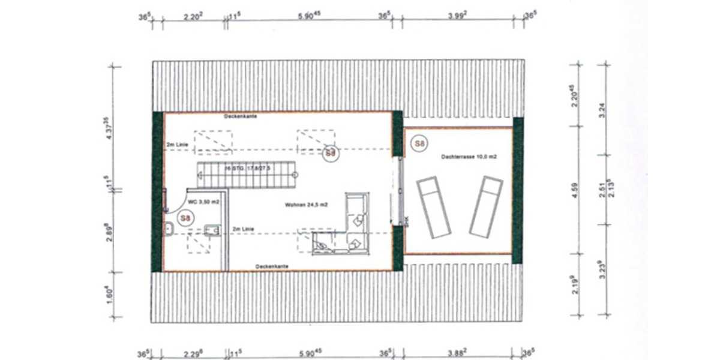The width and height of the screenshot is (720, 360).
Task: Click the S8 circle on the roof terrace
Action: (x=419, y=143)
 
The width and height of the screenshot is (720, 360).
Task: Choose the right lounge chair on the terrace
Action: (x=485, y=205)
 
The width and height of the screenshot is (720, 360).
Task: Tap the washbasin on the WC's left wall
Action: (x=169, y=228)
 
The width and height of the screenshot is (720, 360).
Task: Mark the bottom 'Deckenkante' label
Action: (x=272, y=266)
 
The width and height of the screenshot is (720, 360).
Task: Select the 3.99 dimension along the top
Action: (x=458, y=16)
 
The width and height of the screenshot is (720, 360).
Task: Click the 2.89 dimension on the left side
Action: (x=107, y=232)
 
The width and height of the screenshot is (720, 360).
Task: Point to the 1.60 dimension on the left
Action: (x=107, y=294)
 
